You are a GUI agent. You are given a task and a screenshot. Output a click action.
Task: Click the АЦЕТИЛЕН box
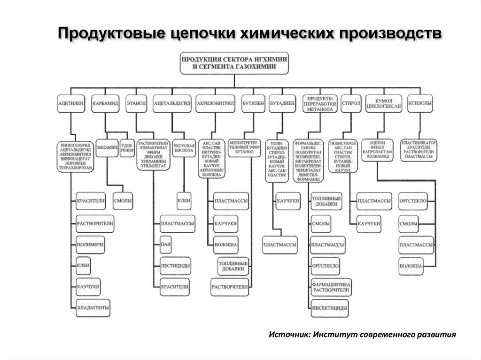click(70, 103)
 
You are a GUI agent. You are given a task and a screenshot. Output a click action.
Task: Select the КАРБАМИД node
click(106, 103)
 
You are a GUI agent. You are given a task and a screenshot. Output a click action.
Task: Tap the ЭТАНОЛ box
click(136, 103)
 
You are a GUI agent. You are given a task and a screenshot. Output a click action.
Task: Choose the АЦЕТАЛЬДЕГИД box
click(172, 103)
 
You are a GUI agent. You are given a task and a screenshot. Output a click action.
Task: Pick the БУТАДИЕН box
click(282, 103)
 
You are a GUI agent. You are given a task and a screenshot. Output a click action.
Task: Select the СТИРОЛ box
click(351, 103)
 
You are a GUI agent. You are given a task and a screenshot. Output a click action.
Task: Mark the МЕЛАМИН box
click(107, 147)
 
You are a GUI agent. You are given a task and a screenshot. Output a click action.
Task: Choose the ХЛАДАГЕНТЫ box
click(93, 307)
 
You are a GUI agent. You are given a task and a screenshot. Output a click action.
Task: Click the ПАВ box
click(165, 245)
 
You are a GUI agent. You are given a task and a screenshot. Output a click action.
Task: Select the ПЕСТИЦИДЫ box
click(175, 266)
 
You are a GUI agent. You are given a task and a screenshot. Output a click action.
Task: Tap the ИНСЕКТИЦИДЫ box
click(329, 308)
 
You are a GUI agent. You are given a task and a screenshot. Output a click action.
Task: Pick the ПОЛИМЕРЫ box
click(90, 245)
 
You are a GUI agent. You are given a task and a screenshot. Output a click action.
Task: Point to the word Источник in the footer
click(288, 335)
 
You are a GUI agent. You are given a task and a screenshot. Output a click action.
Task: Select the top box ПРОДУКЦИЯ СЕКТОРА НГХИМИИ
click(235, 63)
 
